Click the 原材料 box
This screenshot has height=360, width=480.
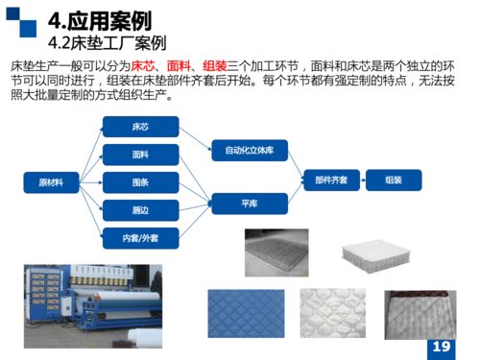click(x=50, y=181)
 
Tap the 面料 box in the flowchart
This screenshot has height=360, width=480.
click(x=140, y=154)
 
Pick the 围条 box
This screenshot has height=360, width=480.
click(x=140, y=181)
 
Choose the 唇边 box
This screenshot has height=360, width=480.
click(x=140, y=208)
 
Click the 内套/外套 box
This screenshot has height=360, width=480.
click(x=140, y=236)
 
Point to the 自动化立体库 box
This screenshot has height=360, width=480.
click(x=249, y=151)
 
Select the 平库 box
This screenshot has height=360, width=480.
click(x=249, y=203)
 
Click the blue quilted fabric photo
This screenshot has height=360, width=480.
click(x=246, y=312)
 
